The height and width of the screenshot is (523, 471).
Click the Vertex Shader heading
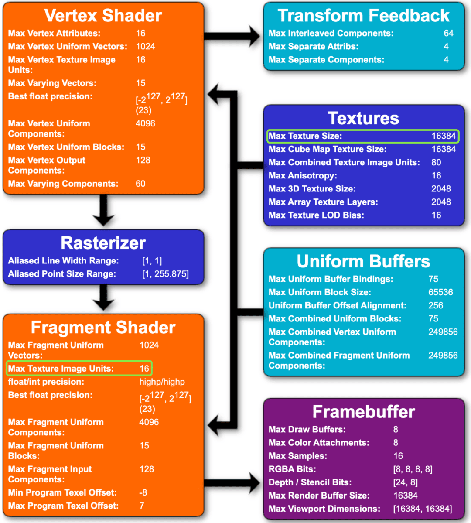(x=103, y=16)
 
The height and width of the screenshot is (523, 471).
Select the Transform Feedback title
(x=363, y=16)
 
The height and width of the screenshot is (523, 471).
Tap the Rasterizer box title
(x=103, y=243)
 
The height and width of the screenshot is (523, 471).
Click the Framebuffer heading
(x=363, y=412)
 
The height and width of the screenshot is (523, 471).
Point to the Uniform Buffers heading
(x=363, y=261)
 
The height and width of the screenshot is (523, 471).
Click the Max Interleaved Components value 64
(x=448, y=33)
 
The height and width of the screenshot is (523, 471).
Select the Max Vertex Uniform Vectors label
(x=68, y=46)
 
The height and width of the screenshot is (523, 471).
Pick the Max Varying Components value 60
(x=140, y=184)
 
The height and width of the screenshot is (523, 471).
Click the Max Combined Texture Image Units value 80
(x=436, y=162)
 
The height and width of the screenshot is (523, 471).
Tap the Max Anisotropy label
(x=303, y=175)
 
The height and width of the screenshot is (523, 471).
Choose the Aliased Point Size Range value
(x=165, y=274)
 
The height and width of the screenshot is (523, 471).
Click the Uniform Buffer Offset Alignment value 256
(x=435, y=305)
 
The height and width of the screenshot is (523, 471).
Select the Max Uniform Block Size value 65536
(x=440, y=292)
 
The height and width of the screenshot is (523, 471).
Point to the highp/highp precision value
(x=162, y=382)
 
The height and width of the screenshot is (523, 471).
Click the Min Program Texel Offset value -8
(x=143, y=492)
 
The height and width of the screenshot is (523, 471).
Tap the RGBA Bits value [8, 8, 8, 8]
(x=413, y=469)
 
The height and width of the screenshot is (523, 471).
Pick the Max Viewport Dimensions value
(x=422, y=509)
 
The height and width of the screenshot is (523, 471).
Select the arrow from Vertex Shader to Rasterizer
(x=103, y=211)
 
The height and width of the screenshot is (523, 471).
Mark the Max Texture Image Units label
(x=61, y=369)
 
